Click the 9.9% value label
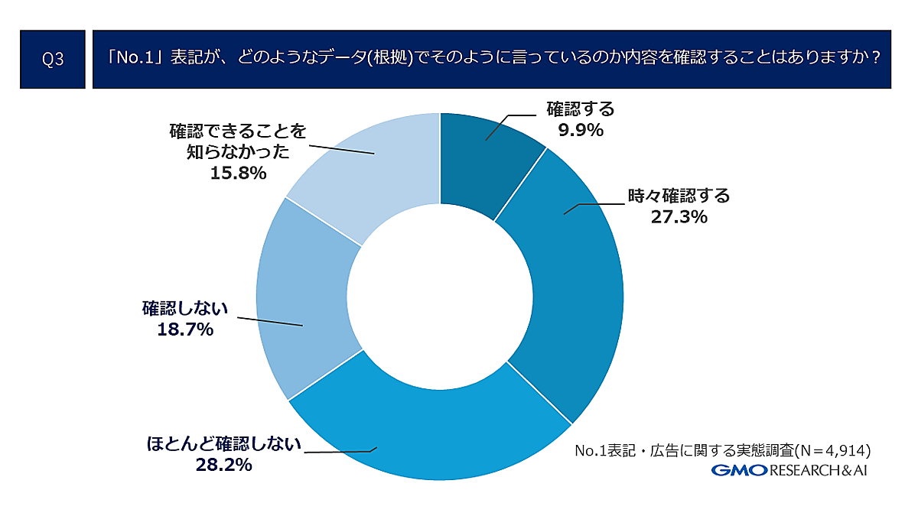[581, 130]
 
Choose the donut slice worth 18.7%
[306, 298]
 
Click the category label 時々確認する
[679, 196]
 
